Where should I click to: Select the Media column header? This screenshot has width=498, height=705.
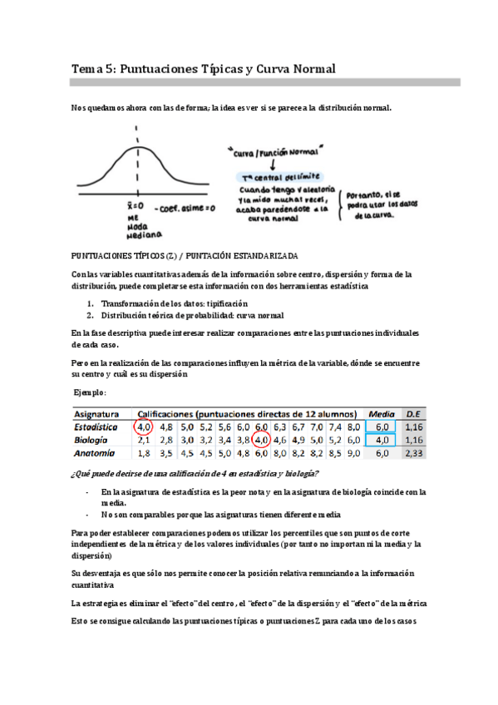click(x=382, y=413)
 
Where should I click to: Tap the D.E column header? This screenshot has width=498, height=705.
click(x=413, y=413)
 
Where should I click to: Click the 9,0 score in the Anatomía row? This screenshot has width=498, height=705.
click(x=354, y=453)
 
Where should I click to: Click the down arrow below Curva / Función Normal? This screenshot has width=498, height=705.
click(x=273, y=165)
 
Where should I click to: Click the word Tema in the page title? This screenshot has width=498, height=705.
click(x=86, y=70)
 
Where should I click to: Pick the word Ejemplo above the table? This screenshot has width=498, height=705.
click(x=90, y=392)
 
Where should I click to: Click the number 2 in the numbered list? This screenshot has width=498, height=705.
click(x=89, y=316)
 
